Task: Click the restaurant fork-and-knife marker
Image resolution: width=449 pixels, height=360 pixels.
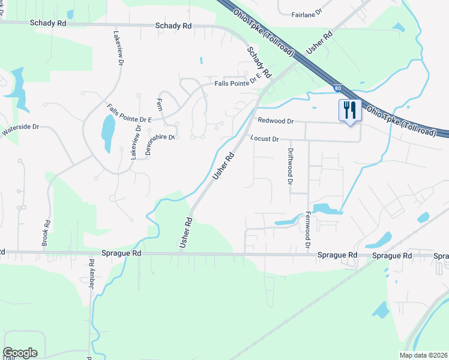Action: (x=349, y=110)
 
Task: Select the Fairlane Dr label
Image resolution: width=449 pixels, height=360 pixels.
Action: (x=307, y=13)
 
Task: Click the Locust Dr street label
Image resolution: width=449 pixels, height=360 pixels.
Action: (x=265, y=139)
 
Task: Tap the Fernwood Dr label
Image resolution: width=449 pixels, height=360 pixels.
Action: (x=308, y=230)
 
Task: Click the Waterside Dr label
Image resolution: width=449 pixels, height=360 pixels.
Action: (x=20, y=128)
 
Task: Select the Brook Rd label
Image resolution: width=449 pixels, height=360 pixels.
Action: (x=46, y=233)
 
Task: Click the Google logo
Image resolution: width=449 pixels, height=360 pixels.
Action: (x=20, y=352)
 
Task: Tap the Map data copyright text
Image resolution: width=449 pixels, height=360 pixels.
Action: (x=423, y=355)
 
